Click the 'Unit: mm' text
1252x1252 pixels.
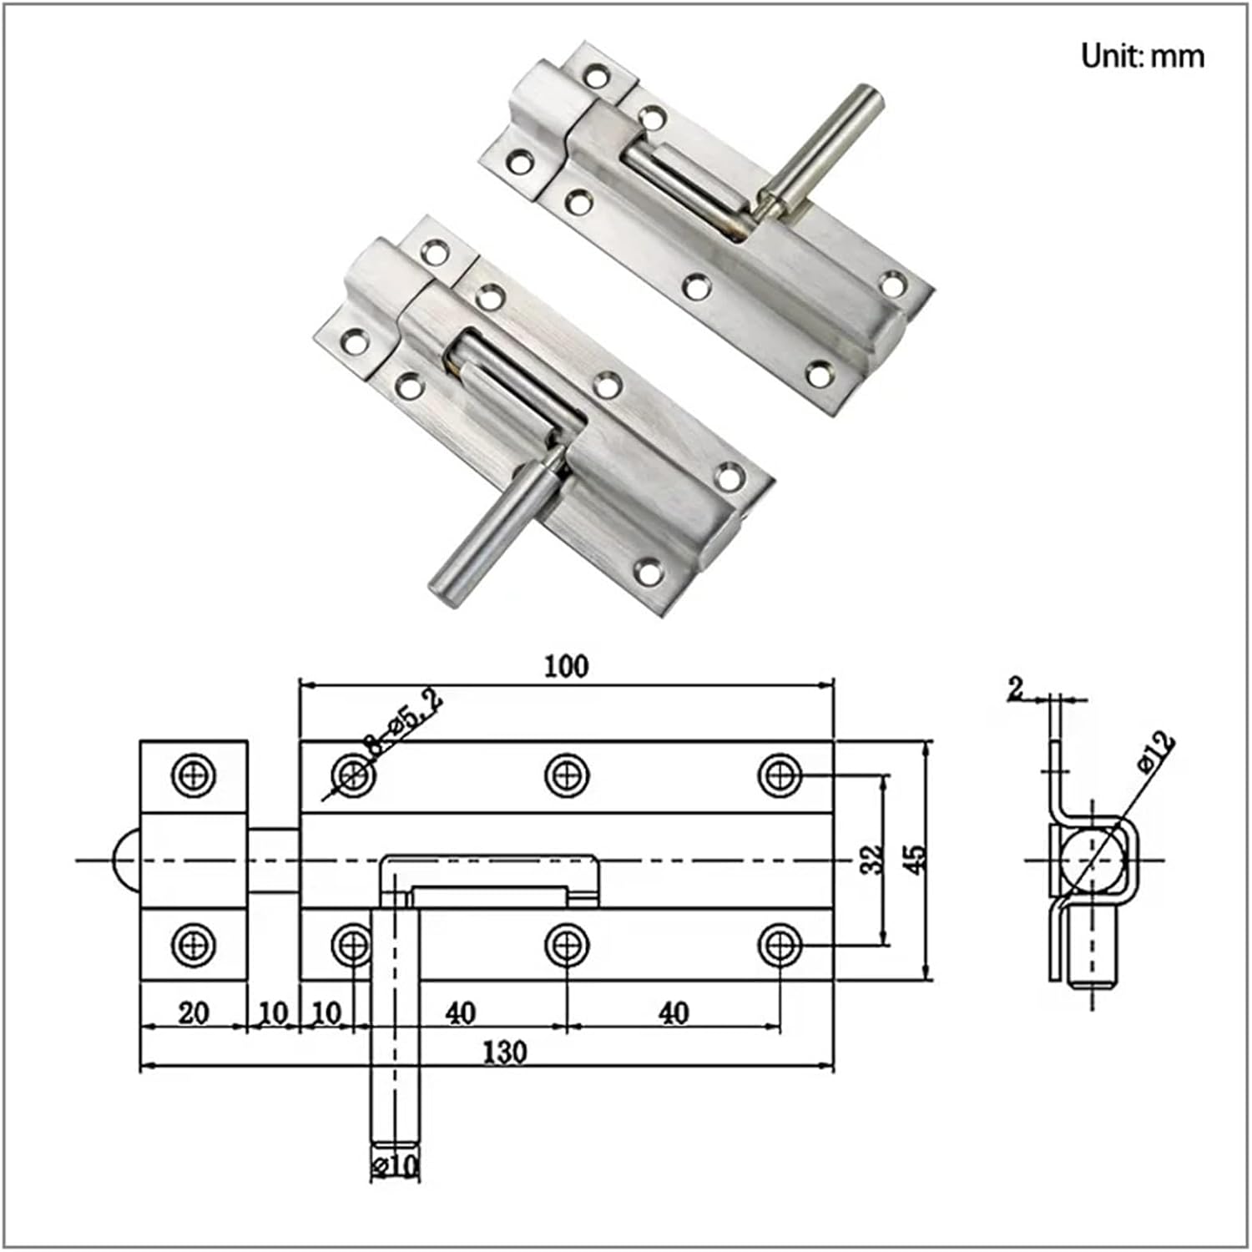coord(1142,56)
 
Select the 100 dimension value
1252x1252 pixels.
coord(566,666)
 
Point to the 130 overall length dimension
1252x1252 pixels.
coord(505,1052)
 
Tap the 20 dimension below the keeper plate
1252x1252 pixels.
coord(194,1012)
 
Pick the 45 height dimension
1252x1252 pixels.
coord(916,860)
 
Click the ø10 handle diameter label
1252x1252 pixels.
coord(395,1165)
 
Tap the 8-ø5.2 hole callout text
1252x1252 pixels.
coord(404,723)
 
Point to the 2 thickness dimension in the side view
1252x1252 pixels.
coord(1015,689)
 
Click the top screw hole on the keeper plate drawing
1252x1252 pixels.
coord(194,775)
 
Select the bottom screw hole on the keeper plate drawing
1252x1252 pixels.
coord(194,945)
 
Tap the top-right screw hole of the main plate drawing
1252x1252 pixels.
coord(780,775)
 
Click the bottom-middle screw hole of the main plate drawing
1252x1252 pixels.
coord(567,945)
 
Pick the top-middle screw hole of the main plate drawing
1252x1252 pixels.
coord(567,775)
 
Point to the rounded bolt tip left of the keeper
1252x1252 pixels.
coord(125,860)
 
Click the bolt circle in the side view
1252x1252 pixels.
coord(1090,860)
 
